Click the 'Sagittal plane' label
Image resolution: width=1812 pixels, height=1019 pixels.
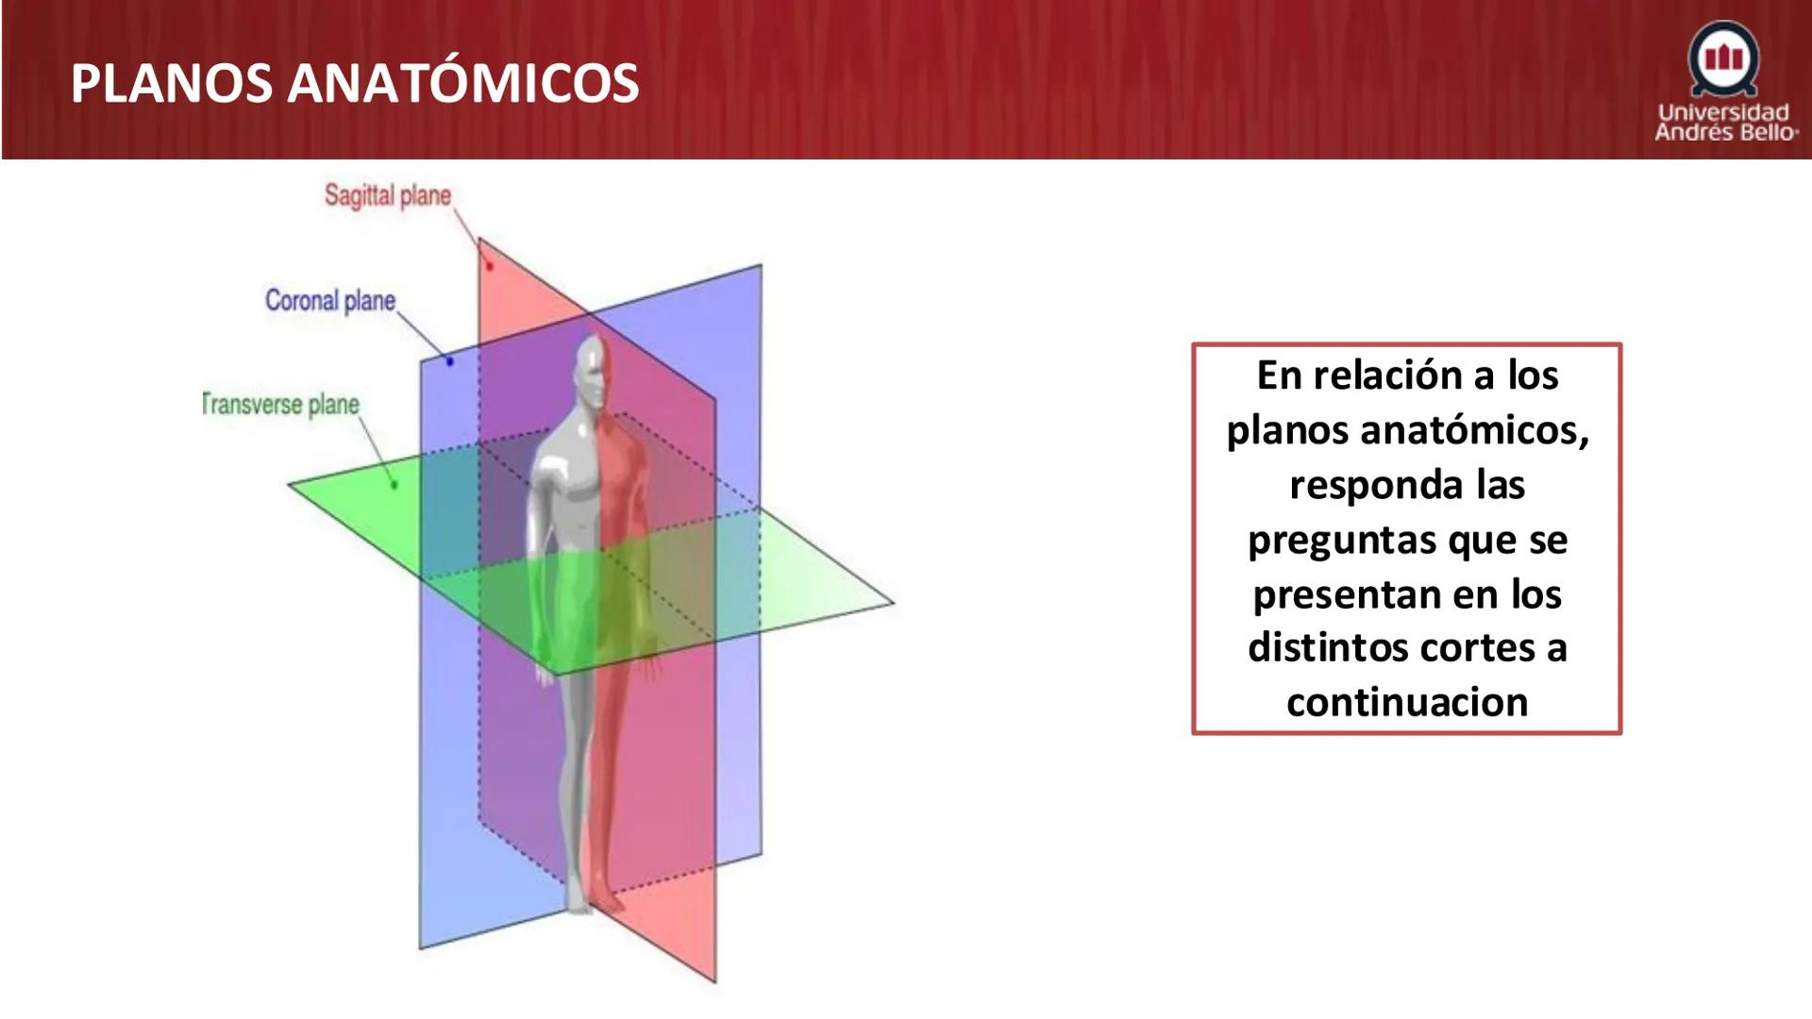click(x=388, y=195)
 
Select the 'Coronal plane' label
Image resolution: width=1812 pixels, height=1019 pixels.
click(x=329, y=301)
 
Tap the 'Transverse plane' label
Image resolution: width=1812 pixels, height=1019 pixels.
click(x=281, y=405)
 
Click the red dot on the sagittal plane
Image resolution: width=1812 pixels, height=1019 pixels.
click(x=489, y=266)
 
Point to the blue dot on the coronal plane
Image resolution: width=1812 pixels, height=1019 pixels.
click(x=449, y=361)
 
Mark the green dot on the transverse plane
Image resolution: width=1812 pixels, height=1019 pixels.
click(x=394, y=485)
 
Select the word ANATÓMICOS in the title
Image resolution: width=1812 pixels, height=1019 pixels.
click(x=463, y=83)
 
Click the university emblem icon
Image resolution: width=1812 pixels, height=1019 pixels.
click(x=1724, y=58)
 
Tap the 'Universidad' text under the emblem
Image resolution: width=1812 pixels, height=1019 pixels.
click(x=1724, y=112)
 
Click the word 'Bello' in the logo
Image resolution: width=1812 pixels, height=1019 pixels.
click(x=1767, y=132)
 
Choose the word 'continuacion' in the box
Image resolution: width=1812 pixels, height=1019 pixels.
click(x=1407, y=703)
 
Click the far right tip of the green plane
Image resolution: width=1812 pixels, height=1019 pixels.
click(x=891, y=601)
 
